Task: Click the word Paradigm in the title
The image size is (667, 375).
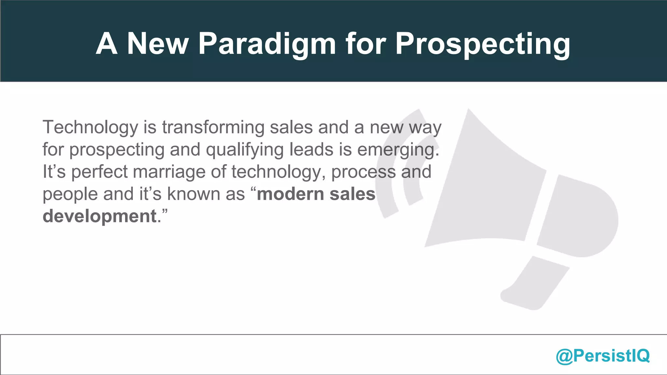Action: click(267, 44)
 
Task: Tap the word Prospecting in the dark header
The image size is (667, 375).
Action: click(483, 44)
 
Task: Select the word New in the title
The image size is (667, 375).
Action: click(158, 44)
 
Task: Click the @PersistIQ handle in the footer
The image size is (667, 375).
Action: click(603, 355)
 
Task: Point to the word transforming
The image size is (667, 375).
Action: click(213, 127)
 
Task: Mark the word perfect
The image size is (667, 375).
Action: click(99, 172)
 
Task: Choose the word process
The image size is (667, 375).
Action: click(363, 172)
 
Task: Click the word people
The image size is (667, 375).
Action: click(70, 194)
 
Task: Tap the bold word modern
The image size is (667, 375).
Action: click(290, 194)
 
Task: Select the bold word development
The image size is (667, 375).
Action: click(100, 216)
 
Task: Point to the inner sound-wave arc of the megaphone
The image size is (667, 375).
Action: click(411, 182)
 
